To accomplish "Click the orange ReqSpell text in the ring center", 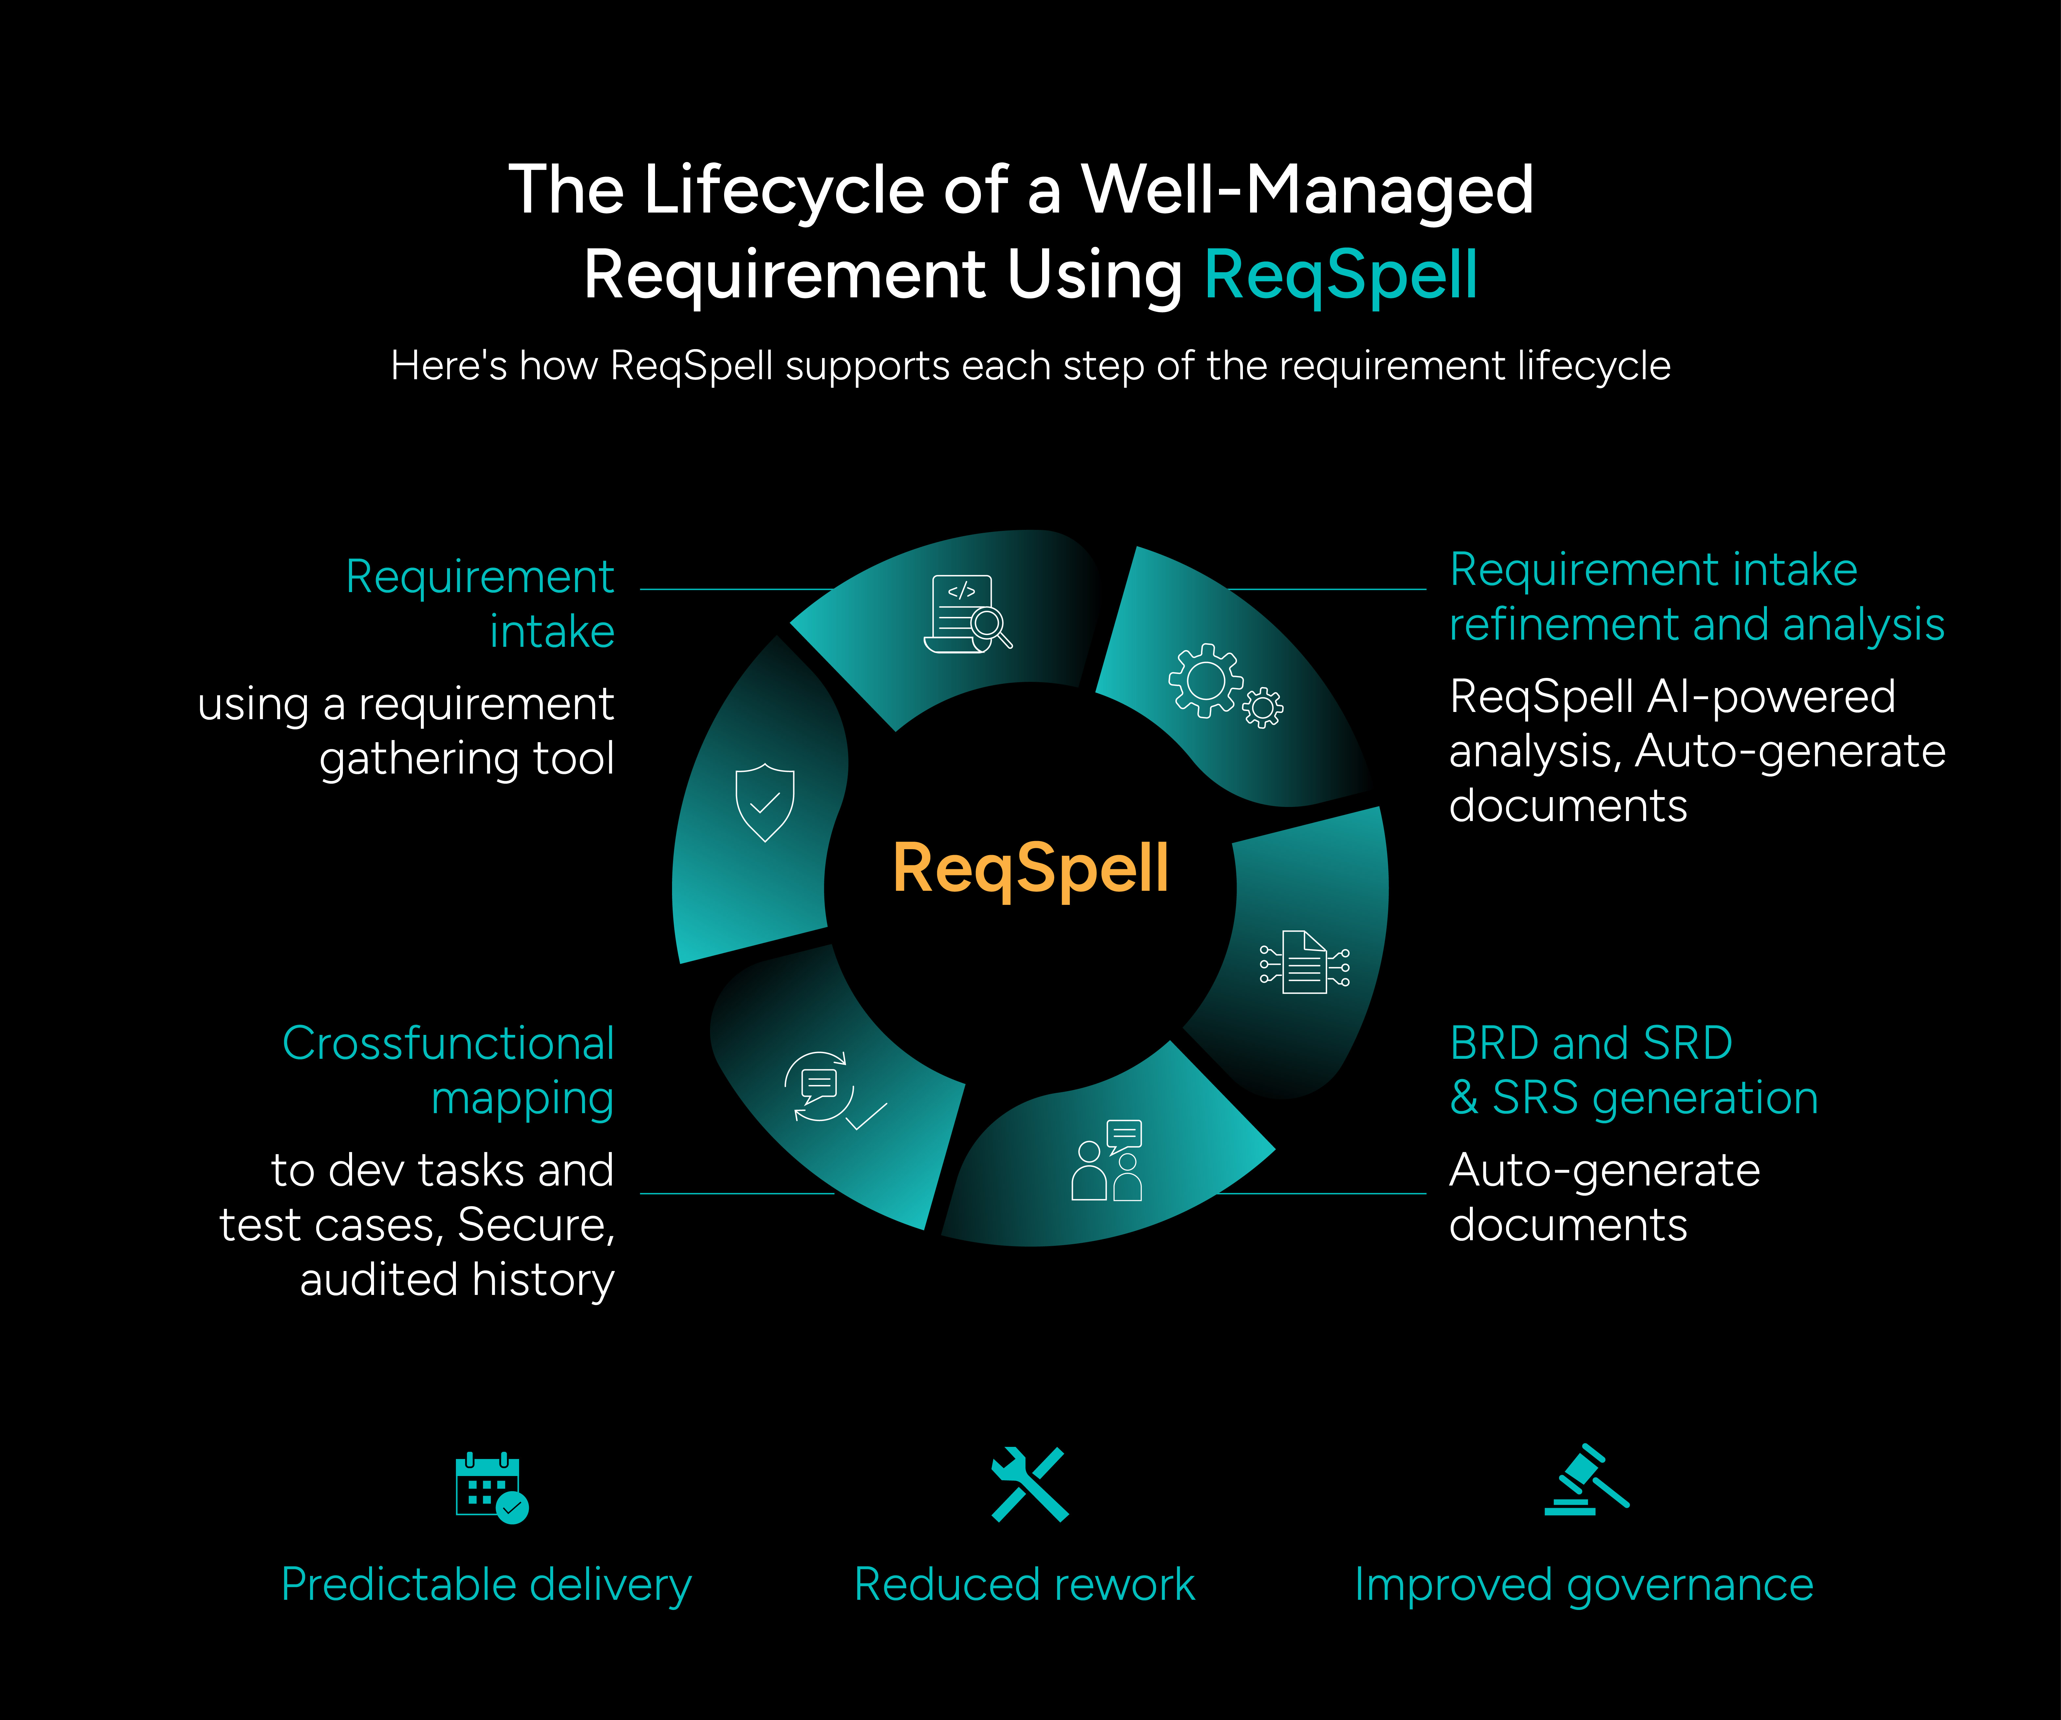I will tap(1030, 869).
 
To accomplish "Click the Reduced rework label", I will tap(1025, 1585).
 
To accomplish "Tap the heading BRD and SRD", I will tap(1591, 1043).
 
